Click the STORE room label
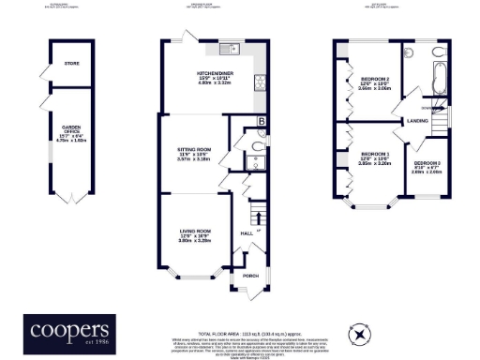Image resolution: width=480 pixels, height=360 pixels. (71, 64)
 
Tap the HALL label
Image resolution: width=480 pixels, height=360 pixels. (248, 232)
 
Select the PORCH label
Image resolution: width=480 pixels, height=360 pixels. (250, 277)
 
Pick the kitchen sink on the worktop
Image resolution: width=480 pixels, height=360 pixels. (232, 49)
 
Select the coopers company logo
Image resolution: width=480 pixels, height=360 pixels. (72, 331)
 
